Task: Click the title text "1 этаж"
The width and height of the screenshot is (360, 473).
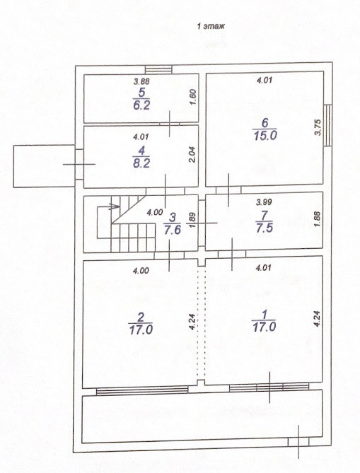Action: pyautogui.click(x=211, y=26)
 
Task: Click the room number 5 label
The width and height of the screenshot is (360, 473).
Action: pyautogui.click(x=141, y=93)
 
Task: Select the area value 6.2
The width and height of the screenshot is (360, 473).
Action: pyautogui.click(x=141, y=105)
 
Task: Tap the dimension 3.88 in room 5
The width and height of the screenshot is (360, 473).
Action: pyautogui.click(x=141, y=81)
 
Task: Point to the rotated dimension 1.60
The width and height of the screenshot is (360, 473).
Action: pyautogui.click(x=193, y=97)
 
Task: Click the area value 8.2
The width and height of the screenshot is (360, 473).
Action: pyautogui.click(x=141, y=163)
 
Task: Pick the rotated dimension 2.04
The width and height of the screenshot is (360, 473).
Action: pyautogui.click(x=192, y=154)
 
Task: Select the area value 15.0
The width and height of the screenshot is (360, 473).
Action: pyautogui.click(x=265, y=136)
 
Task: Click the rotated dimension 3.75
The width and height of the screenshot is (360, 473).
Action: pyautogui.click(x=318, y=127)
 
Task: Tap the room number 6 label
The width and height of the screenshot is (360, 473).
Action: pyautogui.click(x=265, y=123)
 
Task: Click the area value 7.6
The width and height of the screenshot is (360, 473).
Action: pyautogui.click(x=172, y=229)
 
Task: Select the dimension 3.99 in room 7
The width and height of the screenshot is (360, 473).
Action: pyautogui.click(x=264, y=202)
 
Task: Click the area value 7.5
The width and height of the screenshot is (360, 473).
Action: pyautogui.click(x=265, y=228)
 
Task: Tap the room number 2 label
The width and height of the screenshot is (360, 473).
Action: pyautogui.click(x=141, y=317)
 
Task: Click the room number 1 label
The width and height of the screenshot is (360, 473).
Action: pyautogui.click(x=265, y=315)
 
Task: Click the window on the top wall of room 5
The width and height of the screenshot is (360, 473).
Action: pyautogui.click(x=158, y=70)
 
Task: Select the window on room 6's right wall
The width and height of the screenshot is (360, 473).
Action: pyautogui.click(x=327, y=125)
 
